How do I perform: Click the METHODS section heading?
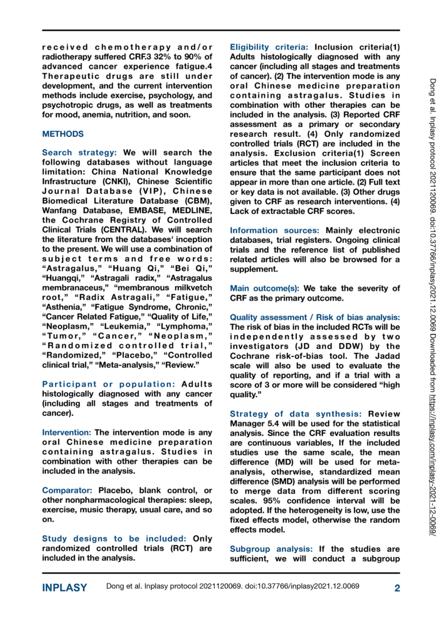(x=63, y=134)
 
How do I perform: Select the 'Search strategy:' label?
(x=79, y=153)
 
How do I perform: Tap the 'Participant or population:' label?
(x=109, y=384)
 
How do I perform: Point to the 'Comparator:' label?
(x=68, y=490)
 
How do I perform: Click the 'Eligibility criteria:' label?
(x=270, y=47)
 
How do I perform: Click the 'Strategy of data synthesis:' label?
(x=296, y=414)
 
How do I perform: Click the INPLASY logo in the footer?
(x=65, y=588)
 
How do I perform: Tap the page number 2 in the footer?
(x=397, y=588)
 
